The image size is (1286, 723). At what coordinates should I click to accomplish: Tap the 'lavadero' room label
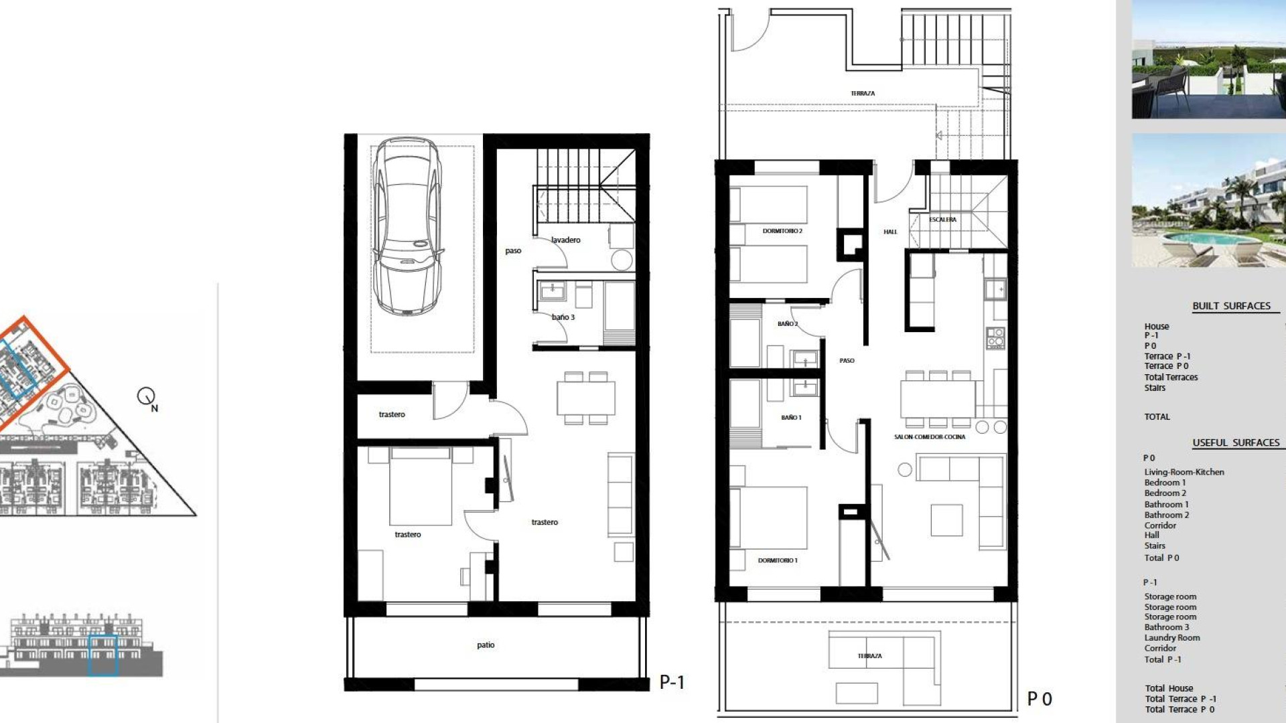566,240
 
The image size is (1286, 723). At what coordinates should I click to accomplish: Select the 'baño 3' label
563,317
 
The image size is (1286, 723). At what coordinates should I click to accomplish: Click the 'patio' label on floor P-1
486,645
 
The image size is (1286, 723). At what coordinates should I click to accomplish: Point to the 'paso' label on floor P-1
513,251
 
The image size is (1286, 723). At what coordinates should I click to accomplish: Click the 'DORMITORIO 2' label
782,231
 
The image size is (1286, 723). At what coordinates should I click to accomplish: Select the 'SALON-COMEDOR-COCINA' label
930,437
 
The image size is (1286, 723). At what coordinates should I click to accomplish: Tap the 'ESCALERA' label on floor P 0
942,220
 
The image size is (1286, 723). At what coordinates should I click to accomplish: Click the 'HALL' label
890,232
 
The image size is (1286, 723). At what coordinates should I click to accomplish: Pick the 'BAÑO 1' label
791,418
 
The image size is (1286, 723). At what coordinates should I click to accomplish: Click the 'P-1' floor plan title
672,682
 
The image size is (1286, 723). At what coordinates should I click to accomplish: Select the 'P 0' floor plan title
1040,699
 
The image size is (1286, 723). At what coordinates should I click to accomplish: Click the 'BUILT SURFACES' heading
1231,306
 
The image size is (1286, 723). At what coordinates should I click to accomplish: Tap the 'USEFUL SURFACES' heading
1236,443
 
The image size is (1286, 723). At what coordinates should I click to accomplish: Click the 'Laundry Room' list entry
1172,638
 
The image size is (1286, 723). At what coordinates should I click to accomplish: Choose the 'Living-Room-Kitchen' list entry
1184,472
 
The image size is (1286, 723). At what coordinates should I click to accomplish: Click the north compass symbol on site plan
147,397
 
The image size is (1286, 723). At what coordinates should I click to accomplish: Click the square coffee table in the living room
946,520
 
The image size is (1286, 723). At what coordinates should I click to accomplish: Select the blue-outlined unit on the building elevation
103,655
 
